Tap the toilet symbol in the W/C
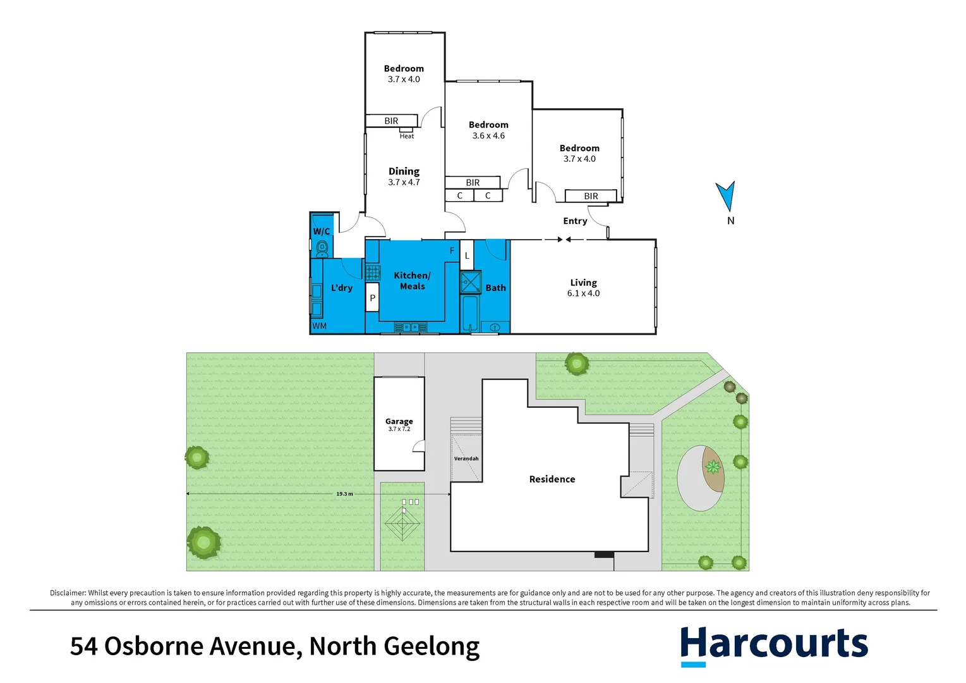(322, 248)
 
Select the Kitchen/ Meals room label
(412, 281)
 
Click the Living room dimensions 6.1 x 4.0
(583, 293)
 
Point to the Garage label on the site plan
(399, 421)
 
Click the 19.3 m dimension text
(344, 494)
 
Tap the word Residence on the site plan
(552, 479)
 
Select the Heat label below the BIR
(407, 136)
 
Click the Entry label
(575, 221)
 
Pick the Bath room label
(495, 288)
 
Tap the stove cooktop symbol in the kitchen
(373, 273)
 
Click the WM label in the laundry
(320, 326)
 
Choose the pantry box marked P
(372, 297)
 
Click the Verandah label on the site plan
(466, 458)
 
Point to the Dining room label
(404, 171)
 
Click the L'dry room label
(342, 288)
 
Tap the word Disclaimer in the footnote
(68, 593)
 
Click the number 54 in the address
(83, 646)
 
